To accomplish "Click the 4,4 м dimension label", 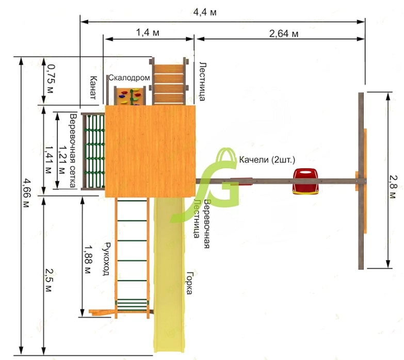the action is [205, 12].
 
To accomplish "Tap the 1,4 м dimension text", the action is [148, 32].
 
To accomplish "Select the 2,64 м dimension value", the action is [284, 34].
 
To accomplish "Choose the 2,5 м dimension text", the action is [49, 280].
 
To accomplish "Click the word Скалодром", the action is [129, 77].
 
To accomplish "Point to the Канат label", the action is [93, 88].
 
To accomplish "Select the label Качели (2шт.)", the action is [267, 160].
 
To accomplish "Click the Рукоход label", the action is [106, 259].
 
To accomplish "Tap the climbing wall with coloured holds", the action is [130, 96].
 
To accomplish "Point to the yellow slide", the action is [169, 274].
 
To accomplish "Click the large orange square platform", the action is [150, 151].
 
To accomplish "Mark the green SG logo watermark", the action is [204, 185].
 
